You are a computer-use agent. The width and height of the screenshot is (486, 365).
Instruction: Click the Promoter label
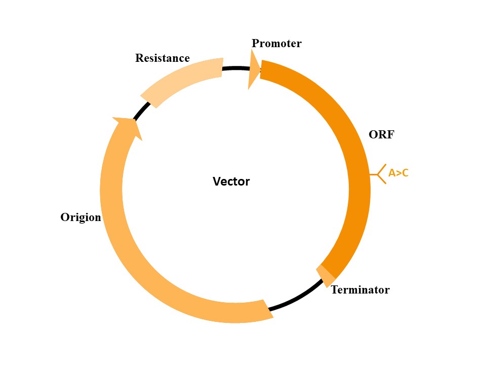(x=276, y=44)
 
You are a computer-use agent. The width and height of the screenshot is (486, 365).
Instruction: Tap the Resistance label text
(x=162, y=58)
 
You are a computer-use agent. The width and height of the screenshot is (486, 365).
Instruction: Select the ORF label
(x=381, y=135)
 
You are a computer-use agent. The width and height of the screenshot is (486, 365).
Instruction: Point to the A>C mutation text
(x=398, y=173)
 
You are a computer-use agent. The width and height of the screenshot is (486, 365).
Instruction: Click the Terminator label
(x=360, y=290)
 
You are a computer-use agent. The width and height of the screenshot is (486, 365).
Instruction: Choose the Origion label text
(x=81, y=217)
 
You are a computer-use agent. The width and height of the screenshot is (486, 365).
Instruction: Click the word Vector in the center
(x=231, y=181)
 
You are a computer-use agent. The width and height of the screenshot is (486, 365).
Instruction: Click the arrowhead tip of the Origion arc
(x=125, y=122)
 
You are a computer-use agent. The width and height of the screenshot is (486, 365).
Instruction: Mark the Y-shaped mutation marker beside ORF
(x=380, y=174)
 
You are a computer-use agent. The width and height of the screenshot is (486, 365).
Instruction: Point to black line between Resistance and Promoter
(x=235, y=68)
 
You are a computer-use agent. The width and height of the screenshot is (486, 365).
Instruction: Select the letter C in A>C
(x=404, y=173)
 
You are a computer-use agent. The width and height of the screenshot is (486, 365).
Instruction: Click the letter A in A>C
(x=392, y=173)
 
